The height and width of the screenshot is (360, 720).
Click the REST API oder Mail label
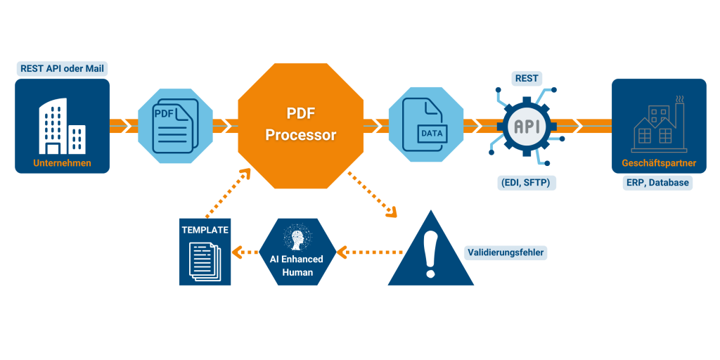tap(63, 69)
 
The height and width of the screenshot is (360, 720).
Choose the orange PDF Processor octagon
tap(301, 124)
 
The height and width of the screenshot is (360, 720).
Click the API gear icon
tap(529, 126)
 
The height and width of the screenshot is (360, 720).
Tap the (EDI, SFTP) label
tap(528, 183)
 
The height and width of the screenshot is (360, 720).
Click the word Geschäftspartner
tap(659, 163)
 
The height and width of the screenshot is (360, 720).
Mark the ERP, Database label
tap(657, 183)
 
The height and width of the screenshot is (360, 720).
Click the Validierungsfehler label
tap(506, 252)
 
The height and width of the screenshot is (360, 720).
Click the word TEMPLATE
tap(205, 229)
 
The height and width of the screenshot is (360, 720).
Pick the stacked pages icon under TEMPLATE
tap(205, 259)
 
